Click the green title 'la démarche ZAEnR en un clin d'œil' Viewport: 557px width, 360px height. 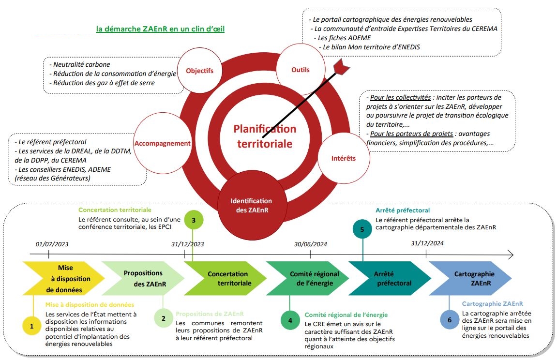[x=160, y=29]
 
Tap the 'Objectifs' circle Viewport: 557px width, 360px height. [x=199, y=71]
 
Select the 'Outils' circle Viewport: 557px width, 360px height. [x=301, y=70]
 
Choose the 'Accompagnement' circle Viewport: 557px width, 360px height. [x=163, y=143]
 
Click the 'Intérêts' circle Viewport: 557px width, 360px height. [x=344, y=158]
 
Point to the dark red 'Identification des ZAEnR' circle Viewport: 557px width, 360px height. [x=251, y=205]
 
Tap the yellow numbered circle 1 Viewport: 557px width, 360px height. [x=32, y=327]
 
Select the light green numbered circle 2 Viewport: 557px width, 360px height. [x=164, y=318]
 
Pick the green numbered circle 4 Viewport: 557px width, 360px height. [x=290, y=320]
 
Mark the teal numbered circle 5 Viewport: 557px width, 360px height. [x=363, y=229]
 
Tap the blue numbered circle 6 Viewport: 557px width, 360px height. [x=450, y=319]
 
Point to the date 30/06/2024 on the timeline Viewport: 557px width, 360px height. [x=311, y=244]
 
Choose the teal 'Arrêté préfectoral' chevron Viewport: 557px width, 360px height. [x=390, y=278]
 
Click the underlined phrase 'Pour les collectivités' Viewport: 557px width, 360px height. [x=400, y=97]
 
